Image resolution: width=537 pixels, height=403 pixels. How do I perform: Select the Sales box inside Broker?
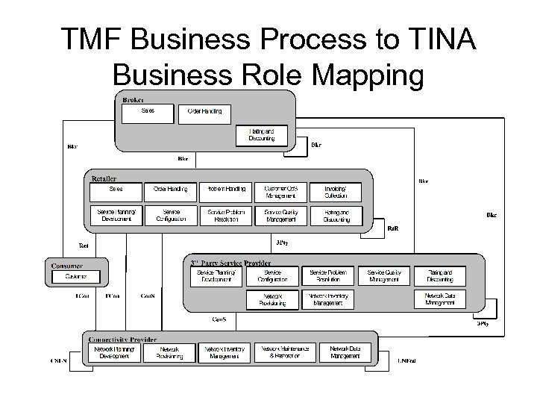point(147,113)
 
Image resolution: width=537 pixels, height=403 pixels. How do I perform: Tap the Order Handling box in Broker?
point(204,113)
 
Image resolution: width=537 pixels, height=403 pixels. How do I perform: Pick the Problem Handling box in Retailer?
point(226,192)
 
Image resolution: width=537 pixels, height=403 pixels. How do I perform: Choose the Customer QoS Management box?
point(280,192)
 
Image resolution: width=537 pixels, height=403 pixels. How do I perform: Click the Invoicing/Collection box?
point(336,192)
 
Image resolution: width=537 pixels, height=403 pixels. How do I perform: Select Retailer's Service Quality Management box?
point(280,216)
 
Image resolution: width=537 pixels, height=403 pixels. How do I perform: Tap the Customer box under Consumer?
point(76,277)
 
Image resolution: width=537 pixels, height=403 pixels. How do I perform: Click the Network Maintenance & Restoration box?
point(281,352)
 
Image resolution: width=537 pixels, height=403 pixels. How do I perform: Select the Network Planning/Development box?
point(114,352)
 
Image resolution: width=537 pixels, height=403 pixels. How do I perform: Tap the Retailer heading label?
point(104,178)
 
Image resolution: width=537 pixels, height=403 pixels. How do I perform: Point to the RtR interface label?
point(402,228)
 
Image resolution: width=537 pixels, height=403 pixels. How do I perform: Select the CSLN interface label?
point(57,362)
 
